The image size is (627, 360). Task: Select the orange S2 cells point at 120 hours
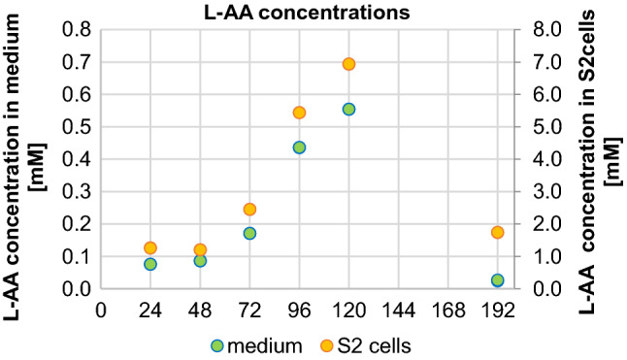348,64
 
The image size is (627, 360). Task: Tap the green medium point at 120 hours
348,109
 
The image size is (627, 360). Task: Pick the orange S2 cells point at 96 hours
299,113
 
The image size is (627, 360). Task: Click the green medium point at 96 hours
299,147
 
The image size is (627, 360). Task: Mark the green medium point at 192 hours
497,280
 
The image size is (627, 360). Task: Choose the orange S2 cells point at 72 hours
249,210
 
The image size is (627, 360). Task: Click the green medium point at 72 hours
249,234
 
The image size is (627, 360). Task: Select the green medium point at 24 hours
150,264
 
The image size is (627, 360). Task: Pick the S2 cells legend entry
366,345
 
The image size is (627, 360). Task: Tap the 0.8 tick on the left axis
76,30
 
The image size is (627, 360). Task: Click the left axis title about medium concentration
28,159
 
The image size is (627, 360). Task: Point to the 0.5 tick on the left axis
76,127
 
